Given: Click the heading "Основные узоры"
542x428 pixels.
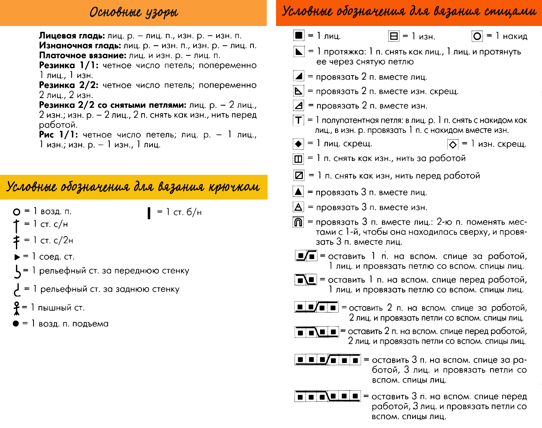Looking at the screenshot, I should (134, 12).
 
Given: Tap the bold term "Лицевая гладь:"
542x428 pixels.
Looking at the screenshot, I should (72, 36).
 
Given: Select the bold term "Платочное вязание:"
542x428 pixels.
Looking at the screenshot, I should (83, 55).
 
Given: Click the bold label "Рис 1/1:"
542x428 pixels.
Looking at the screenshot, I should (58, 135).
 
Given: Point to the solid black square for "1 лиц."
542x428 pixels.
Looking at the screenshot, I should (299, 35).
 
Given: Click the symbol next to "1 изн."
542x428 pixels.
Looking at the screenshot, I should (394, 36).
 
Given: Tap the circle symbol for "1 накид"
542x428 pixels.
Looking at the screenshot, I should (477, 36).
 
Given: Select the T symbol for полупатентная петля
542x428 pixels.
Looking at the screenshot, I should (298, 120).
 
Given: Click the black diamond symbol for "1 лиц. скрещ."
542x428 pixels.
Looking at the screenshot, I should (298, 144).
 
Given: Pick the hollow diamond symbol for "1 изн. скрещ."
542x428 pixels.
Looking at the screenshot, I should (453, 145).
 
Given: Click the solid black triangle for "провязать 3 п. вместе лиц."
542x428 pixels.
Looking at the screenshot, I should (298, 192).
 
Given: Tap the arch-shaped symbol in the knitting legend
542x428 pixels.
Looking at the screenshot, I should (298, 222).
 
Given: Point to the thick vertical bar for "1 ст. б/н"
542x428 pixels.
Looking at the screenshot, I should (149, 213).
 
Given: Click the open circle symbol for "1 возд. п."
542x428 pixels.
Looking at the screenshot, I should (17, 212).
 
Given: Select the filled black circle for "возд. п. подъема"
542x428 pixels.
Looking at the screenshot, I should (16, 324).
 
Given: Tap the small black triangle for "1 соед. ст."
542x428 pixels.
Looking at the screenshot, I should (17, 257).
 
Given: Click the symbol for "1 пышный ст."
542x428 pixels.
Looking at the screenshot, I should (17, 308).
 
